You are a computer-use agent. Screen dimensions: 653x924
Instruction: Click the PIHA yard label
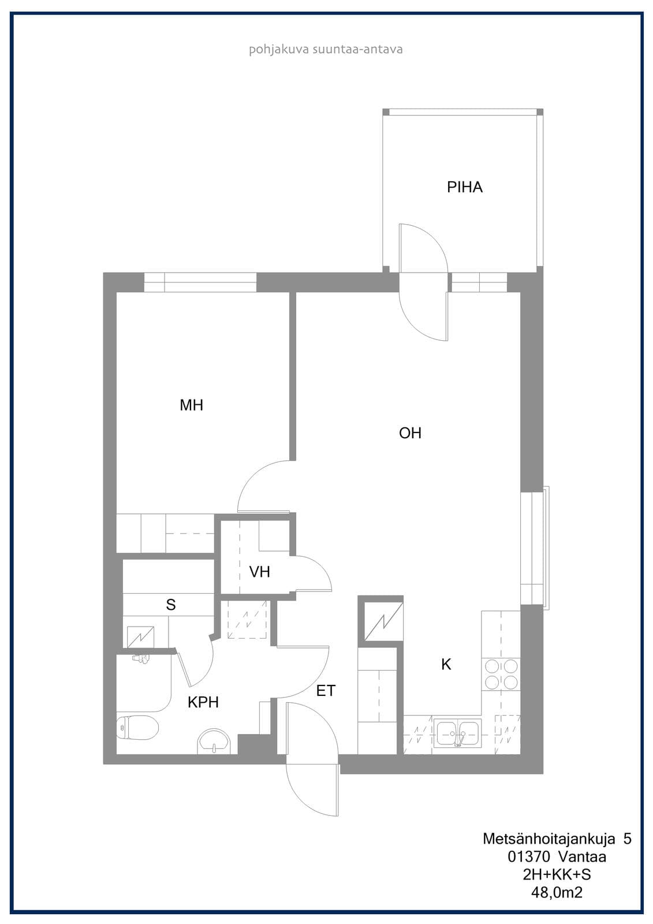click(x=464, y=187)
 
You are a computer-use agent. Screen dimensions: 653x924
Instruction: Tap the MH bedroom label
click(x=192, y=405)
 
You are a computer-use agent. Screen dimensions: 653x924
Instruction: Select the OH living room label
click(x=410, y=433)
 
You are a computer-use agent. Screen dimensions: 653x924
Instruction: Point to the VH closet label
click(x=259, y=572)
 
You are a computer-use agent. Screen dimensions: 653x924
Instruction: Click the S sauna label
click(x=171, y=604)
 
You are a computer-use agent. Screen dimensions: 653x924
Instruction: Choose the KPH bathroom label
click(x=203, y=702)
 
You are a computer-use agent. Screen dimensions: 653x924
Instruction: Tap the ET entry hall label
click(x=326, y=691)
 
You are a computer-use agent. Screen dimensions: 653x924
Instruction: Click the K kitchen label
click(x=446, y=664)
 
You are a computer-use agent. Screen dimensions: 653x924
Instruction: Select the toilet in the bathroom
click(x=137, y=727)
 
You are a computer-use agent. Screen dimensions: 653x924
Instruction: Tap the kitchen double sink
click(x=457, y=733)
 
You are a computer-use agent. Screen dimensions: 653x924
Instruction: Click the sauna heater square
click(x=140, y=638)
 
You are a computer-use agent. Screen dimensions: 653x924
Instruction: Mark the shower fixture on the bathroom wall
click(x=141, y=659)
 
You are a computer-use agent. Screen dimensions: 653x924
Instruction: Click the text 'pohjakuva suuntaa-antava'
click(x=326, y=50)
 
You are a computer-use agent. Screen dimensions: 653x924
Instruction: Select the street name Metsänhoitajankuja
click(x=549, y=839)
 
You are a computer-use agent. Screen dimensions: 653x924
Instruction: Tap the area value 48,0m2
click(x=557, y=893)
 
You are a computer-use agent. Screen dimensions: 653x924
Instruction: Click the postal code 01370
click(x=529, y=857)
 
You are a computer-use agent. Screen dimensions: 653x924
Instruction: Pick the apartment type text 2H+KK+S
click(x=557, y=874)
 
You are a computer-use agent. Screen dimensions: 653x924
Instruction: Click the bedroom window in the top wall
click(x=200, y=282)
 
